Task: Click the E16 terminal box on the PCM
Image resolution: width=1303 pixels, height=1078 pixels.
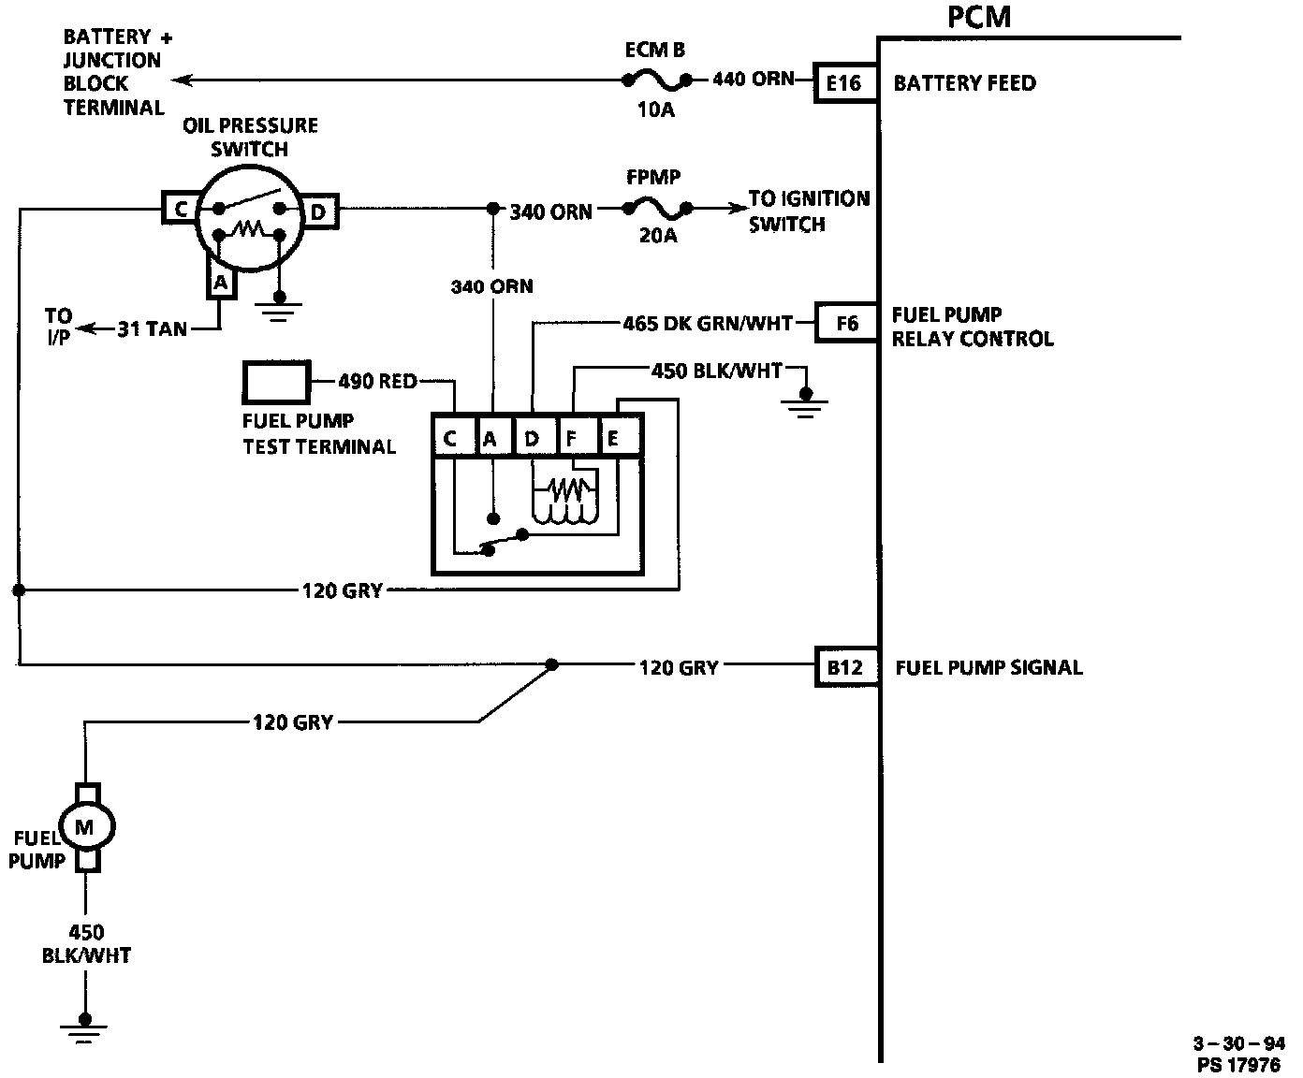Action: point(845,82)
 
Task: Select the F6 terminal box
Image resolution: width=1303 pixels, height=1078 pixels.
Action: point(846,323)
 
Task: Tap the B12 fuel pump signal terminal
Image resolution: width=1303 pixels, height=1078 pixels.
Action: point(846,667)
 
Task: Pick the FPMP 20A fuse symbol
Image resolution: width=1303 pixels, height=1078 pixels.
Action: point(657,209)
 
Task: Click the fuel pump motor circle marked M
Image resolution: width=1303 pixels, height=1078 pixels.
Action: point(86,827)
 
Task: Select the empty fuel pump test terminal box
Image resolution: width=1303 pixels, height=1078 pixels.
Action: point(276,381)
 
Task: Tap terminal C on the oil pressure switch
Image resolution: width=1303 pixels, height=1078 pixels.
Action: point(180,209)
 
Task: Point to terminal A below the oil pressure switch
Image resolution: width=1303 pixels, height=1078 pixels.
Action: point(221,284)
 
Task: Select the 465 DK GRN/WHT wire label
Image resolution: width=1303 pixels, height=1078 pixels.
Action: point(708,324)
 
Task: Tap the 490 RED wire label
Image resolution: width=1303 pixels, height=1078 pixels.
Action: point(377,381)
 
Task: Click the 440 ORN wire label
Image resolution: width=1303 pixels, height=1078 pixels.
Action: point(754,80)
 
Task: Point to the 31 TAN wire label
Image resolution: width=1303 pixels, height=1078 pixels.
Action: point(153,328)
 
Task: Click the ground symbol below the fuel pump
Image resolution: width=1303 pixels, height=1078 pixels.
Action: point(84,1030)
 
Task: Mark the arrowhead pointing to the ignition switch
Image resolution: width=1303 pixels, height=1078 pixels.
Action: point(738,209)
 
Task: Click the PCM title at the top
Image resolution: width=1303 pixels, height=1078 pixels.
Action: point(979,17)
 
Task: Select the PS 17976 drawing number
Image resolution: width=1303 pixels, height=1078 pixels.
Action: point(1238,1064)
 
